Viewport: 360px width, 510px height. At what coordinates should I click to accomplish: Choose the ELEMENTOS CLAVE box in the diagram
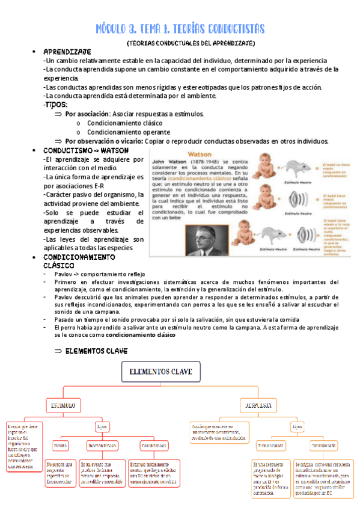click(x=161, y=373)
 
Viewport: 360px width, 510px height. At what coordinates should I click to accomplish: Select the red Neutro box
click(x=61, y=446)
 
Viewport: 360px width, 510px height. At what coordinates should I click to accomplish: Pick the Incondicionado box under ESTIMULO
click(x=102, y=446)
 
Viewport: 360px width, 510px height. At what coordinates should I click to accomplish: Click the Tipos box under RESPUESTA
click(x=296, y=426)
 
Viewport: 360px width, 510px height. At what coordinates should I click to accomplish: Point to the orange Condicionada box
click(x=323, y=446)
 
